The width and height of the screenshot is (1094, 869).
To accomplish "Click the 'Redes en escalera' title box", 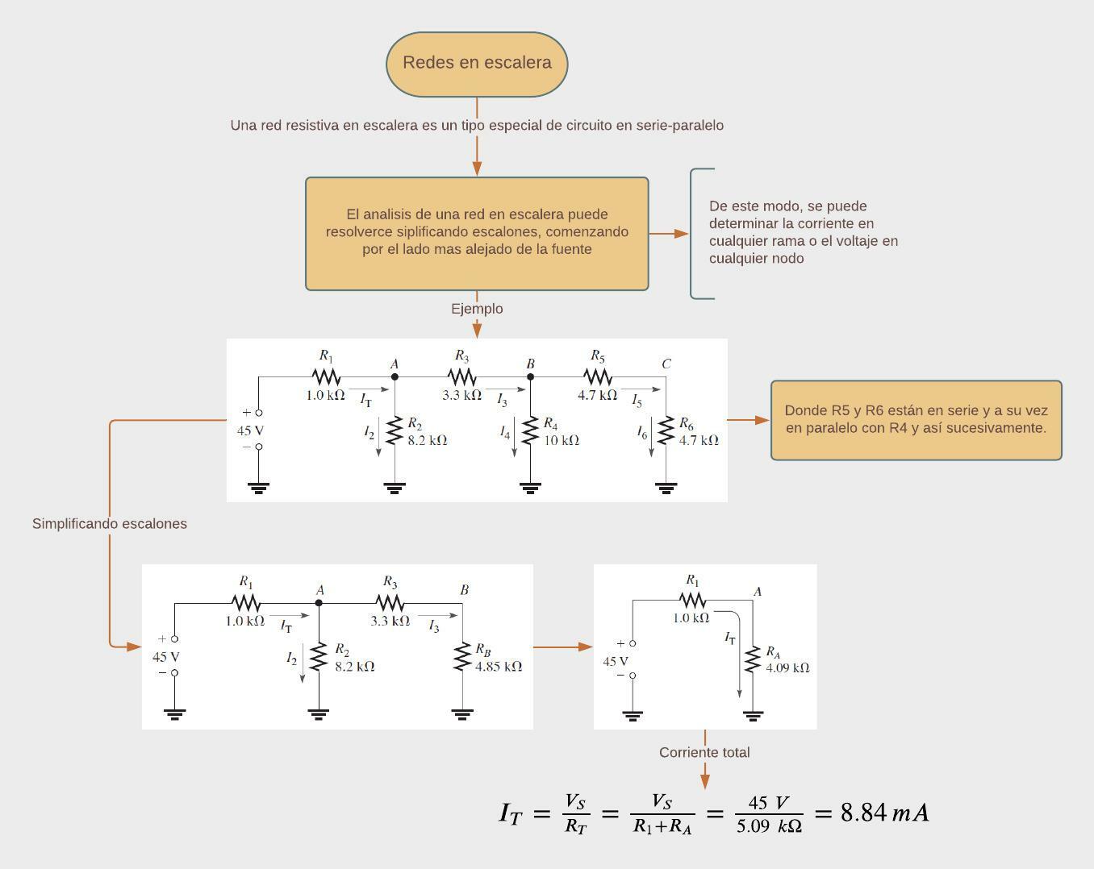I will pos(477,64).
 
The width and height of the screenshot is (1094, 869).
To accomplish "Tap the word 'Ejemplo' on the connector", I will pos(477,309).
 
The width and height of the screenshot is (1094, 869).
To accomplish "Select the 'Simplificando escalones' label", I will pos(110,524).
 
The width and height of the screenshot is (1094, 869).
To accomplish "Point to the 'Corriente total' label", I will pos(704,752).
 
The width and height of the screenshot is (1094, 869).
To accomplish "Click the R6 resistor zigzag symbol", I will pos(666,430).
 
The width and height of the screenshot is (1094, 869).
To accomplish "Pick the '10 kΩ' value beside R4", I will pos(562,441).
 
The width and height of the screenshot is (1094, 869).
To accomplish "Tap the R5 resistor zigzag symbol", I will pos(598,376).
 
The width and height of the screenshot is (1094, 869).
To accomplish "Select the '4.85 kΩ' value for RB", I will pos(499,667).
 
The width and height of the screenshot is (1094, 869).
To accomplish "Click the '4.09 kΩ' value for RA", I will pos(787,667).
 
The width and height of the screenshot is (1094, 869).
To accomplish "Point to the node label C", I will pos(666,364).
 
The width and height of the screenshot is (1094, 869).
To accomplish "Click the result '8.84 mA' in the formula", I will pos(884,813).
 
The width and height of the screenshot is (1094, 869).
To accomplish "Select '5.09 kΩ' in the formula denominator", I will pos(769,826).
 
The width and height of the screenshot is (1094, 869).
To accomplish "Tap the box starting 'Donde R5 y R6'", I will pos(916,420).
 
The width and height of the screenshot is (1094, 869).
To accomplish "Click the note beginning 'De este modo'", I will pos(803,232).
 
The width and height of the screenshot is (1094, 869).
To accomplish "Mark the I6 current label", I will pos(642,433).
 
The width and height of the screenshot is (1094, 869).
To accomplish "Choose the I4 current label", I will pos(505,433).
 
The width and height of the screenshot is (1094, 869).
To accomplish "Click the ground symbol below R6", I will pos(666,488).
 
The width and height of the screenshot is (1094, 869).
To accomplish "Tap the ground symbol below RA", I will pos(753,715).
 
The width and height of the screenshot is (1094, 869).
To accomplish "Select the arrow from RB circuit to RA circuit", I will pos(563,647).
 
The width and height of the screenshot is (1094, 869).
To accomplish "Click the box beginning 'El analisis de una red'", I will pos(477,233).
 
